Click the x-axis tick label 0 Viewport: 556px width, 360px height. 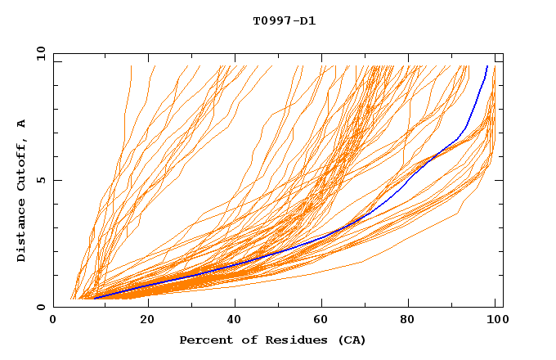click(53, 320)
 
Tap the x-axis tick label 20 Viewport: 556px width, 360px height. click(147, 320)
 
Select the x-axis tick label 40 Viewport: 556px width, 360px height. click(236, 320)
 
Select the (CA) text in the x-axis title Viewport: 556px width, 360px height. click(352, 340)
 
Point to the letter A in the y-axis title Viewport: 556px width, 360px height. click(21, 124)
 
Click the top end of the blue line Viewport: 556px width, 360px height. click(487, 66)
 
